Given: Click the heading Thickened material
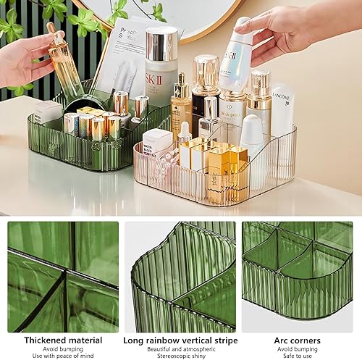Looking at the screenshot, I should (63, 340).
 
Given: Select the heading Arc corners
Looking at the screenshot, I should (298, 340).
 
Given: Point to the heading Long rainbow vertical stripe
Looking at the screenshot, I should (180, 340).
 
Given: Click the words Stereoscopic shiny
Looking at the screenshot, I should (180, 356).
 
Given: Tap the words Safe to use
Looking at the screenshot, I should (298, 356).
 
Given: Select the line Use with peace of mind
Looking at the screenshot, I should (63, 356).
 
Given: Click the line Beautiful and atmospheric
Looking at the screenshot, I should (180, 348).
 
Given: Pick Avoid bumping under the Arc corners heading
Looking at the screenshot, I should (298, 348).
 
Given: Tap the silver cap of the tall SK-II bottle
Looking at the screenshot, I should (161, 43).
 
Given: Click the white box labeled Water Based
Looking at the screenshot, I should (157, 141).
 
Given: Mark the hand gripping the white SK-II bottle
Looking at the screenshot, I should (282, 29).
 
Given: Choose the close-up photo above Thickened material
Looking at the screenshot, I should (63, 276).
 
